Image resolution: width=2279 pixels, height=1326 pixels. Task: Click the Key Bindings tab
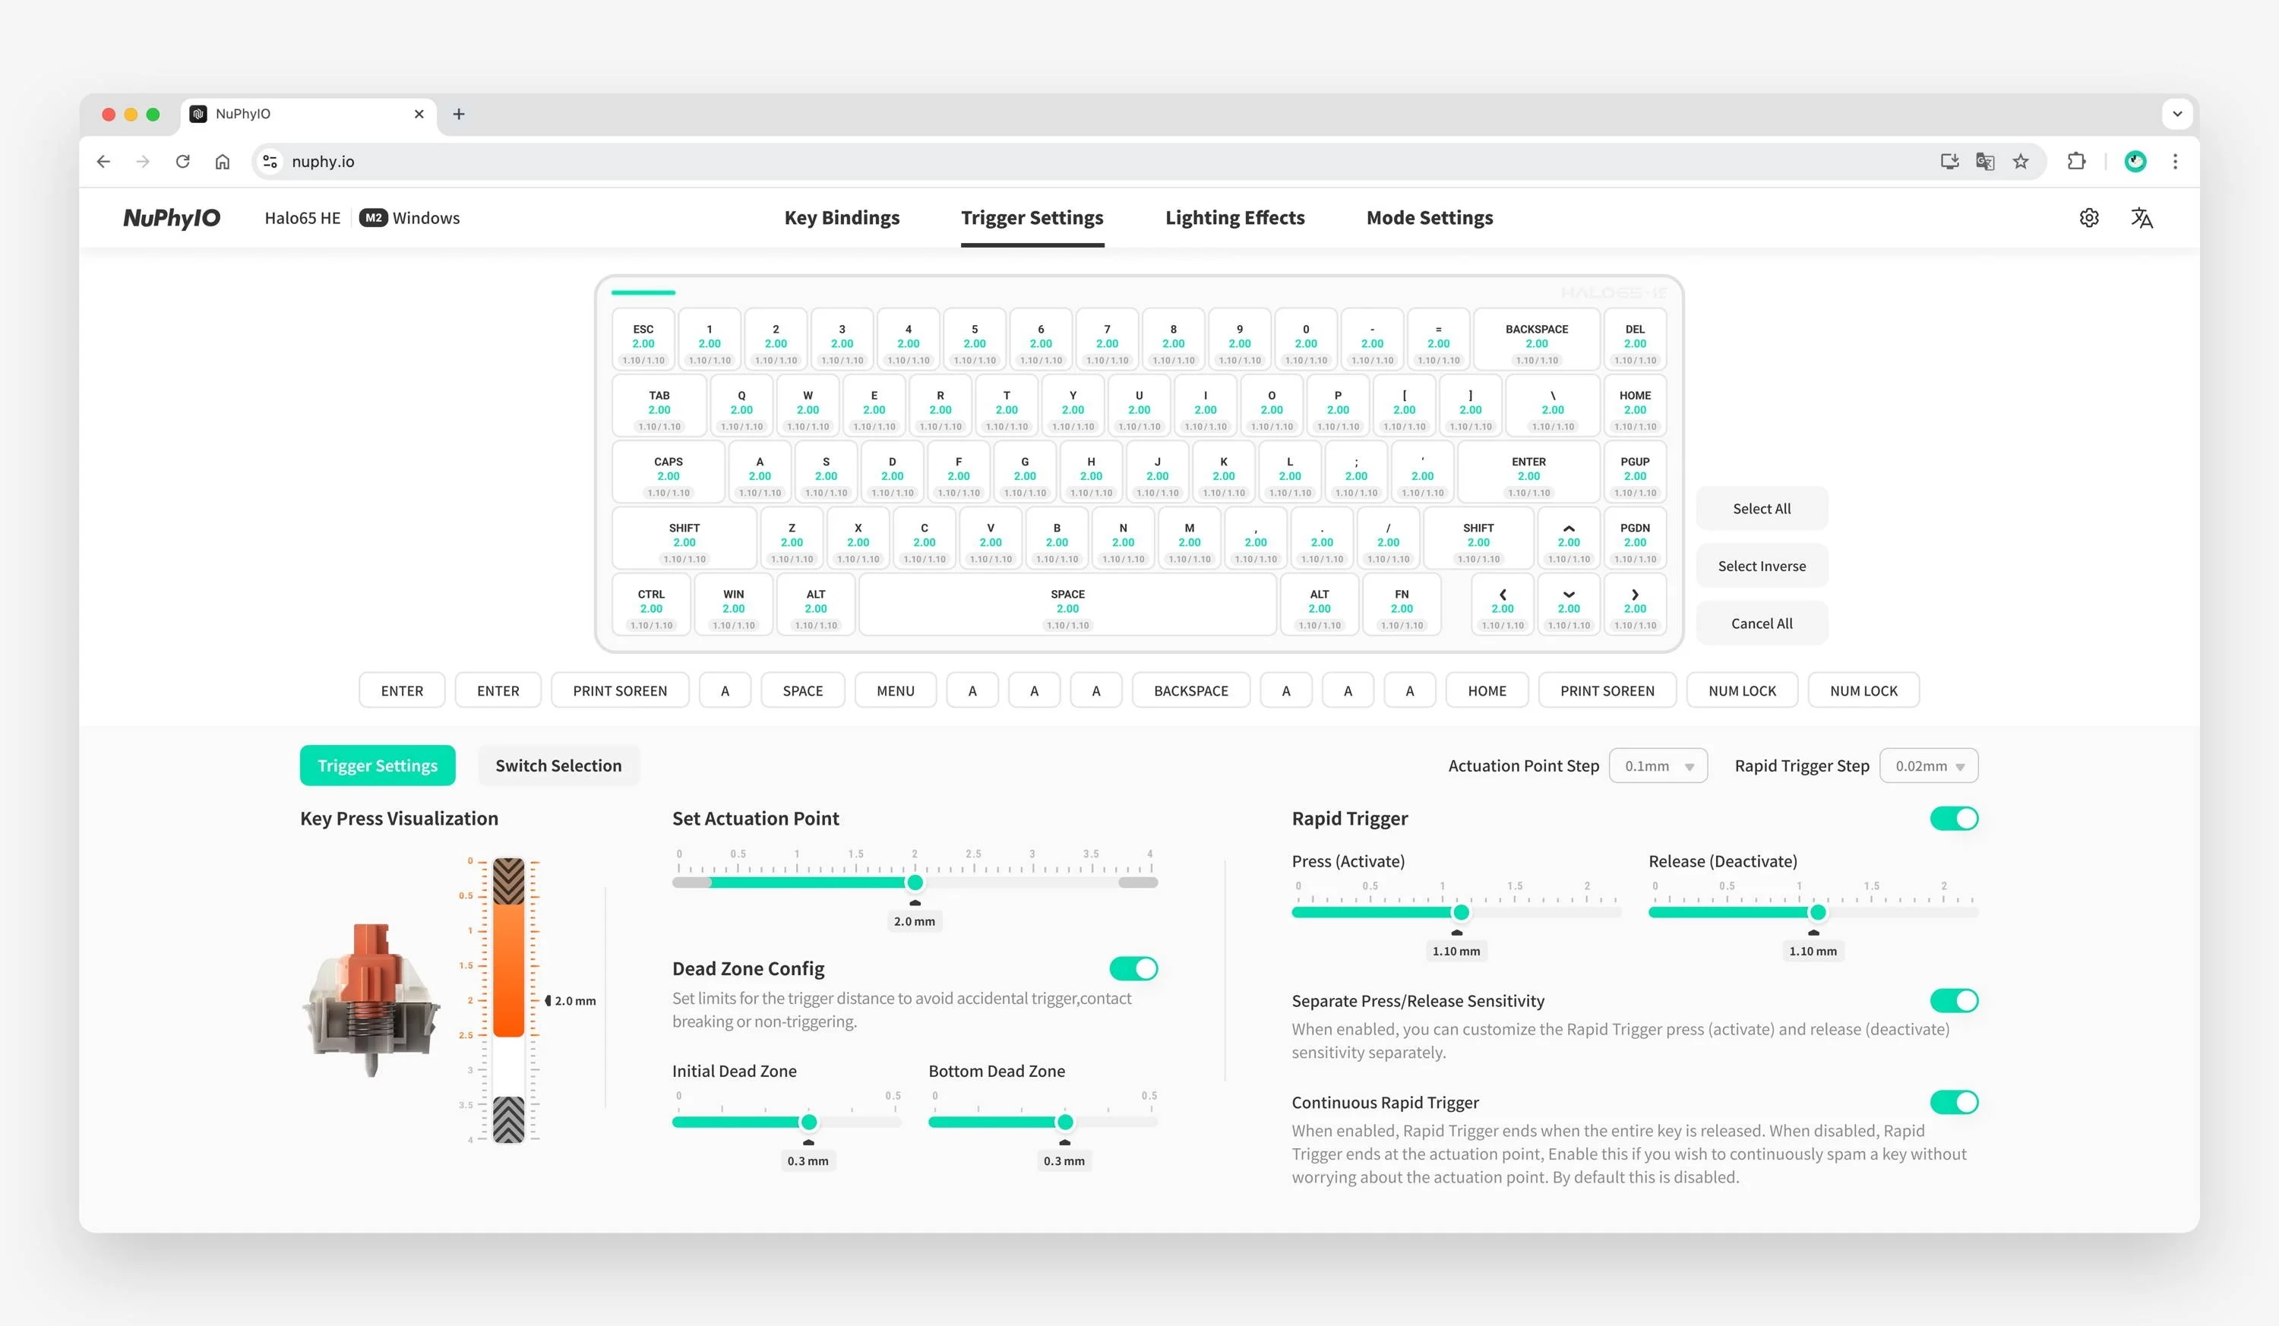841,218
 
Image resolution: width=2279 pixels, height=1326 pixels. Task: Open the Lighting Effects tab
1234,218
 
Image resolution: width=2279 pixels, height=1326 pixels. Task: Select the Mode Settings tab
1429,218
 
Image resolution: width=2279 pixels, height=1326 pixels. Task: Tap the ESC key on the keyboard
643,339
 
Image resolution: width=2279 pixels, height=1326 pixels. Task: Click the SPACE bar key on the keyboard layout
1067,604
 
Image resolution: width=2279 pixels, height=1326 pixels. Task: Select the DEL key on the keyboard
1634,339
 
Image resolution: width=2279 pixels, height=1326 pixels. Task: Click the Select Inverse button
1761,566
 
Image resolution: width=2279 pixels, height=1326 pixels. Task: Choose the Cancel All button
1761,624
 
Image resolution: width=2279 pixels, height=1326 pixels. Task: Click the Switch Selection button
558,766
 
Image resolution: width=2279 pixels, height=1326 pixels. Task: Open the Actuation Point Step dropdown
1658,766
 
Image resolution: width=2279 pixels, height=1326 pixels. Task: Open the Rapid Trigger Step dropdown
1928,766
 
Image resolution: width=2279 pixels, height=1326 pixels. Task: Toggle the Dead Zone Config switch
1133,969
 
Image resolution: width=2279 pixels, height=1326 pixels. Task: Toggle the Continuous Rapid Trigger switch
1953,1102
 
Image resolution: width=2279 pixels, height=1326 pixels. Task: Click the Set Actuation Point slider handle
915,882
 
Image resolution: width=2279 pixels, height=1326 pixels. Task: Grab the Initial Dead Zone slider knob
808,1122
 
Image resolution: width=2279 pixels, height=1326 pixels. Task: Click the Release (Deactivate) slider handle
1818,912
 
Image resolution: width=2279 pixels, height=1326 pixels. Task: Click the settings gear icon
2089,218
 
